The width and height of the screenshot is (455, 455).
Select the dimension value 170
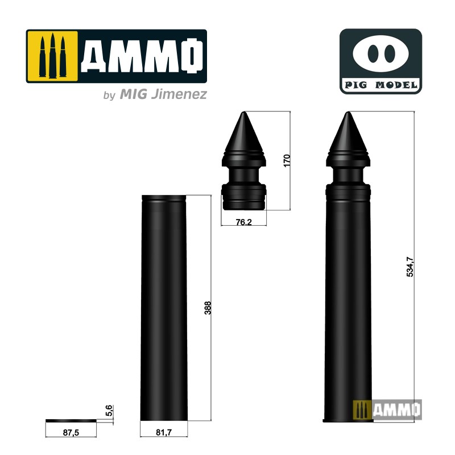pos(287,160)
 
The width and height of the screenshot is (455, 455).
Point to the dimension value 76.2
pos(243,222)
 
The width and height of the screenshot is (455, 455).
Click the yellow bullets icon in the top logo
pos(51,56)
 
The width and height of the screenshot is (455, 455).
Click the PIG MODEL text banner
pos(380,86)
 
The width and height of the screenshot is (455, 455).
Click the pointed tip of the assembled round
pos(348,113)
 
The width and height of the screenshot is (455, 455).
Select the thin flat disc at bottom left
pos(71,420)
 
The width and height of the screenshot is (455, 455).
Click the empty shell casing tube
pos(164,307)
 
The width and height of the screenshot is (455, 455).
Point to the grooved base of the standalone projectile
pos(243,196)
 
